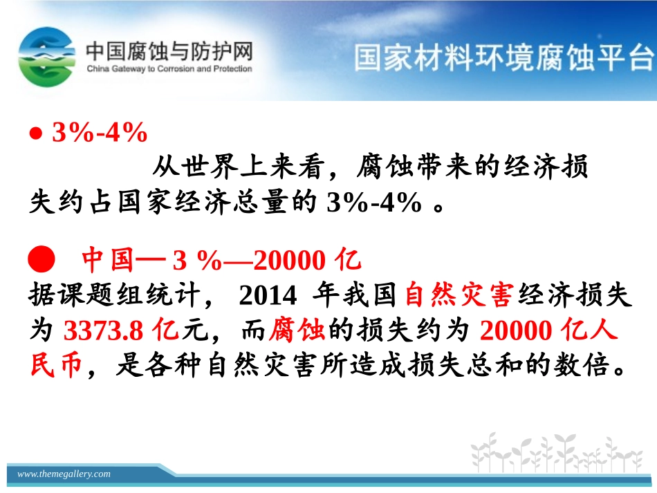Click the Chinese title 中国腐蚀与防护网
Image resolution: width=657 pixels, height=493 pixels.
point(169,52)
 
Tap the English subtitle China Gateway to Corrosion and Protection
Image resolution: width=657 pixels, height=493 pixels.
point(169,69)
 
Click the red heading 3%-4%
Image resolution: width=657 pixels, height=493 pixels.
point(100,133)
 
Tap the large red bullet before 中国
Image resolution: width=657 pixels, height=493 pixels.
point(41,261)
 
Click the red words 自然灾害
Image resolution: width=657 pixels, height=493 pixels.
point(457,296)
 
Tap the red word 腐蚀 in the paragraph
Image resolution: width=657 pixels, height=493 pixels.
point(297,331)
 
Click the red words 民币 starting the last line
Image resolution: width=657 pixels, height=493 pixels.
point(56,365)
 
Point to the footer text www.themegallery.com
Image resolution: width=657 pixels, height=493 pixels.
point(64,474)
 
